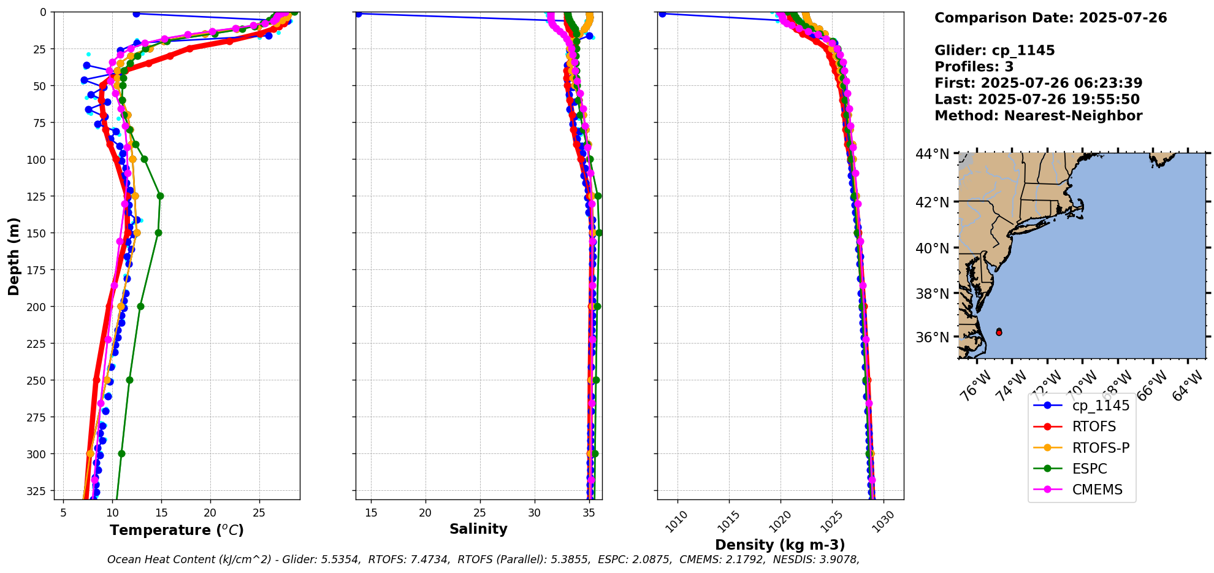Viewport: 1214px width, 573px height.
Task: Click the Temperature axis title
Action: pos(177,530)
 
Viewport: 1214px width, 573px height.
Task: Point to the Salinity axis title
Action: pos(478,529)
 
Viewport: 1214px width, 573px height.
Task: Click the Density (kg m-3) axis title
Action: pos(780,545)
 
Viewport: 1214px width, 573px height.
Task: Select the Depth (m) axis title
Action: pos(13,256)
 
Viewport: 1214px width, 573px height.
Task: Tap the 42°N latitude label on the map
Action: pos(932,202)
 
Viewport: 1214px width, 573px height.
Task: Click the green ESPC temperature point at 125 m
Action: pos(160,196)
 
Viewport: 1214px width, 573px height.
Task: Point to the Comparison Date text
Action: pos(1050,18)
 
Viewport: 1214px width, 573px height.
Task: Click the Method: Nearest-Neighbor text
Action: pos(1038,116)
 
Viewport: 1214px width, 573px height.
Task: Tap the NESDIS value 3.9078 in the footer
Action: pos(838,560)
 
